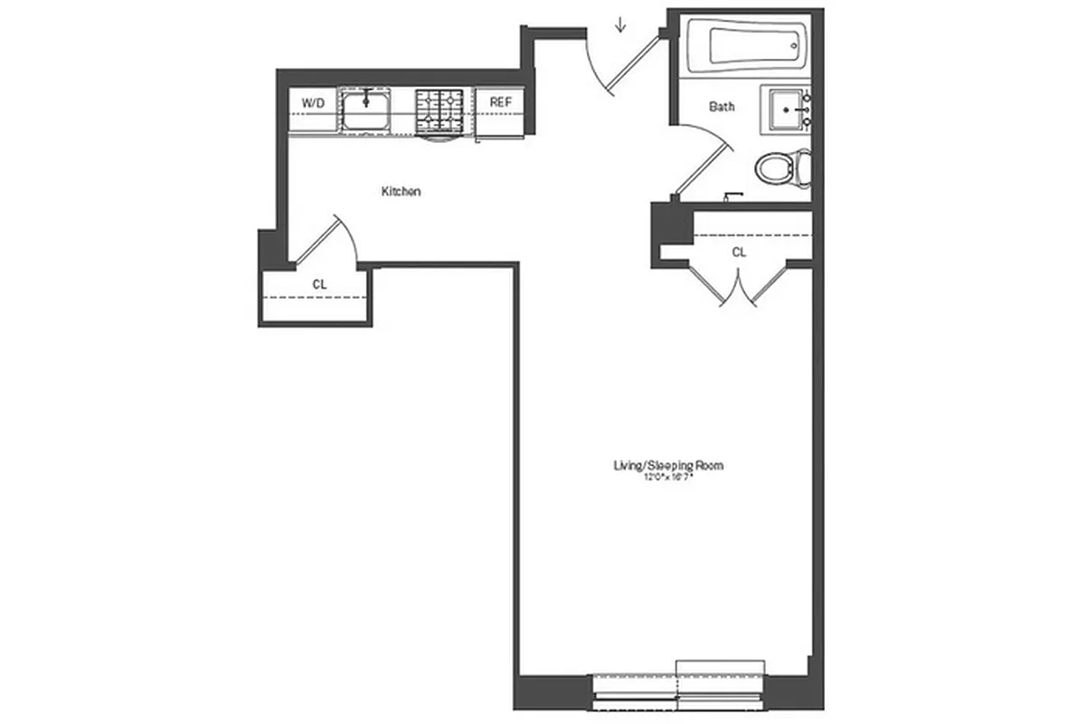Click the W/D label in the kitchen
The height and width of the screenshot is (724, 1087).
click(312, 103)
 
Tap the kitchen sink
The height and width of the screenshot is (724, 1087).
click(365, 111)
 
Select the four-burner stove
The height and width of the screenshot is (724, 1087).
click(440, 110)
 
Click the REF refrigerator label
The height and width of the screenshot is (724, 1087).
click(500, 102)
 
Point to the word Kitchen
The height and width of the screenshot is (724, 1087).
click(401, 192)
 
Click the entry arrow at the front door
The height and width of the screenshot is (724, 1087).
click(620, 24)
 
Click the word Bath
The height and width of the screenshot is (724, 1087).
click(721, 107)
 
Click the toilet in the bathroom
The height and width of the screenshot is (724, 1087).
click(780, 168)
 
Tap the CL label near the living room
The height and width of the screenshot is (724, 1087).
click(739, 252)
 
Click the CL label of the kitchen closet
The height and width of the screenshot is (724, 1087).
click(319, 284)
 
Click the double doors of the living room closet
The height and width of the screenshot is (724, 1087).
click(740, 282)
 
